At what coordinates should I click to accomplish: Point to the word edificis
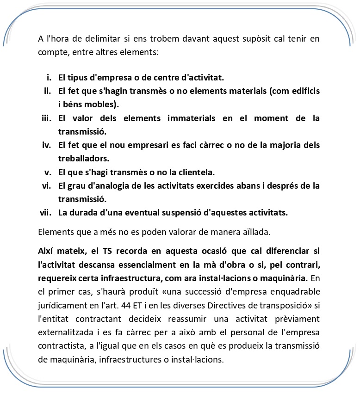304,91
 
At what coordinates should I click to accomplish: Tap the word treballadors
83,159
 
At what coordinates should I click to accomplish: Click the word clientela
198,172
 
